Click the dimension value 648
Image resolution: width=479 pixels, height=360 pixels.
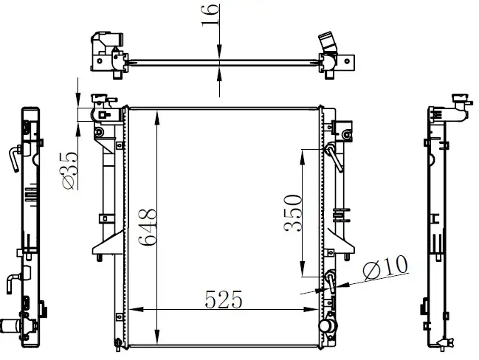(148, 227)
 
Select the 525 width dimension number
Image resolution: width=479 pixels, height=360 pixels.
(224, 300)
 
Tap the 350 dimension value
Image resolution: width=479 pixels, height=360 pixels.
(293, 212)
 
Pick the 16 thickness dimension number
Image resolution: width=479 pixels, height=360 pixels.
(210, 15)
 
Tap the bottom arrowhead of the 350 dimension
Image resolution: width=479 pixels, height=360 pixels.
(302, 269)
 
